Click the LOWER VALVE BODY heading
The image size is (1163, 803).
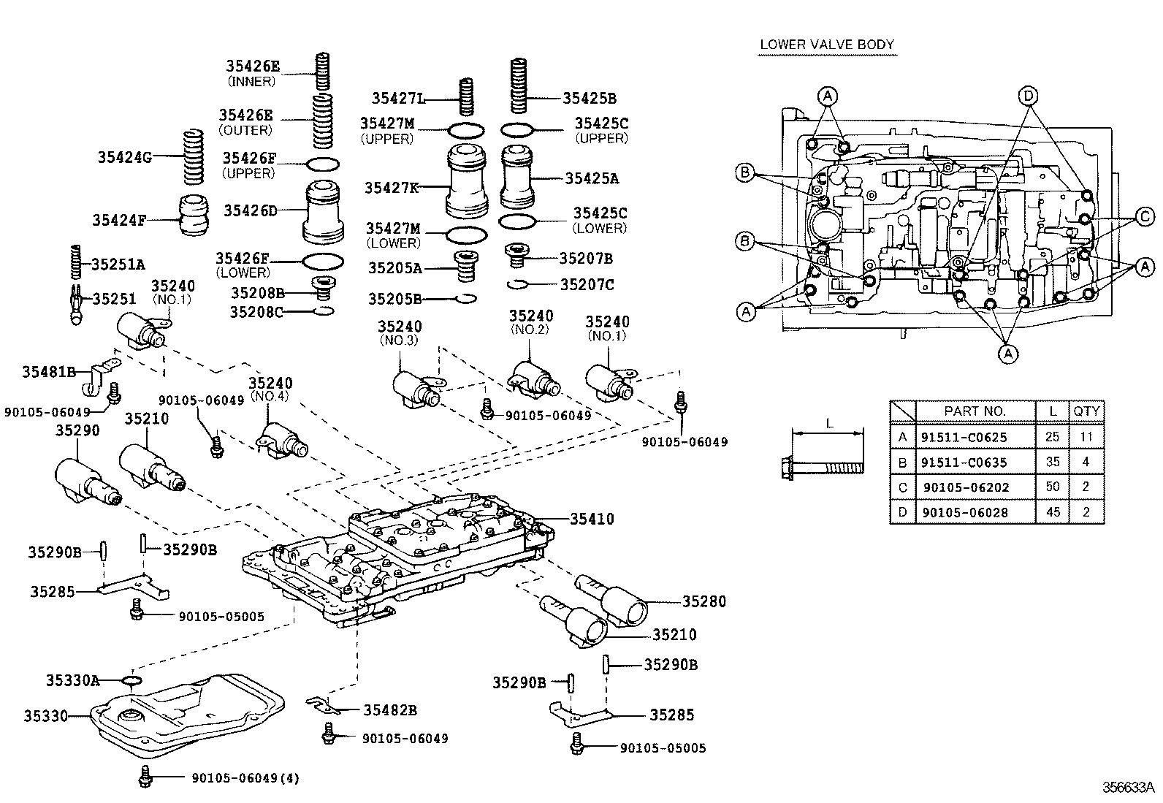pyautogui.click(x=827, y=45)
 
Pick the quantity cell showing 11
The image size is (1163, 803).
pyautogui.click(x=1086, y=438)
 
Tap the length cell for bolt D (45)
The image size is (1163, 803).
pyautogui.click(x=1052, y=512)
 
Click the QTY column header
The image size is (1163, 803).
pyautogui.click(x=1086, y=411)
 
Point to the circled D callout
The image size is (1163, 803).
pyautogui.click(x=1028, y=95)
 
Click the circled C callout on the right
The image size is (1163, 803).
pyautogui.click(x=1145, y=216)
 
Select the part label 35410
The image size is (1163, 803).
pyautogui.click(x=592, y=520)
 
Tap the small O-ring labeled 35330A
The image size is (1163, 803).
pyautogui.click(x=131, y=681)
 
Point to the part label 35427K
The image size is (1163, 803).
pyautogui.click(x=392, y=188)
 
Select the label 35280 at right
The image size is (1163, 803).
pyautogui.click(x=704, y=601)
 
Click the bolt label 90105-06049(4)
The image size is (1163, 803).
pyautogui.click(x=245, y=778)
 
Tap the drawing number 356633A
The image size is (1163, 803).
pyautogui.click(x=1128, y=788)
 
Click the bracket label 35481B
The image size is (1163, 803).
pyautogui.click(x=49, y=372)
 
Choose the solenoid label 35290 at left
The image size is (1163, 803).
pyautogui.click(x=77, y=430)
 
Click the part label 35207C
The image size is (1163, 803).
pyautogui.click(x=587, y=284)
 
